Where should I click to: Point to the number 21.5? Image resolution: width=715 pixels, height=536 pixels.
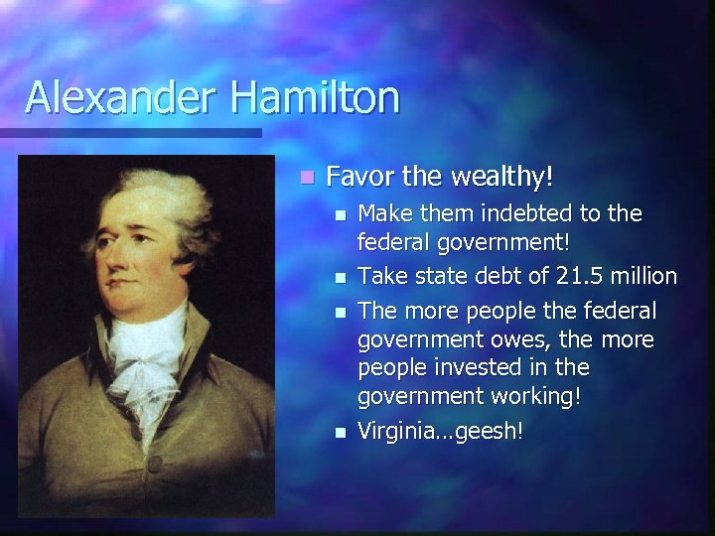click(x=563, y=276)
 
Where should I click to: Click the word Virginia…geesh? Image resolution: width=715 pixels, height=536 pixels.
click(x=440, y=431)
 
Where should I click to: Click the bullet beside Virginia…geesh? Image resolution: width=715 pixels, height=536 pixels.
click(x=340, y=432)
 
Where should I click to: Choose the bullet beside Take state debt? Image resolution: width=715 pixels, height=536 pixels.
click(x=340, y=277)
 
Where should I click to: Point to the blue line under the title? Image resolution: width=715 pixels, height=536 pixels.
click(x=130, y=132)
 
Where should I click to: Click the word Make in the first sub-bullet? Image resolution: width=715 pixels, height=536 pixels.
click(x=383, y=213)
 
